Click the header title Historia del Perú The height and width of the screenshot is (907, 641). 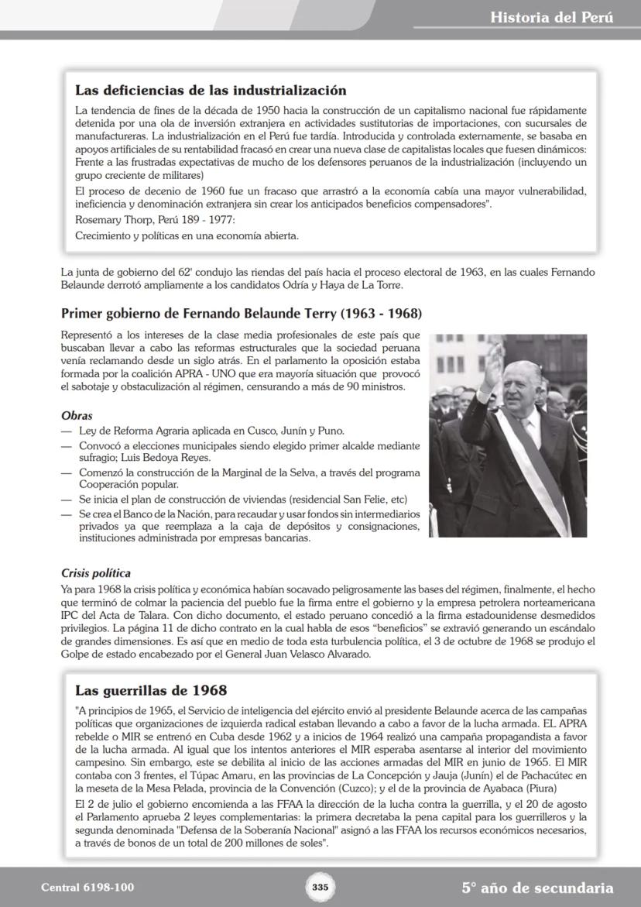point(551,17)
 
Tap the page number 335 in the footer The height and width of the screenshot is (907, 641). point(320,887)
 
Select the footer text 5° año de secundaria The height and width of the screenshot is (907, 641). point(537,888)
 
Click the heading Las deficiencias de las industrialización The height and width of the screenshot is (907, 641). point(211,91)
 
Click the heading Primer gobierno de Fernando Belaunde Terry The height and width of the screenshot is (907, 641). point(241,314)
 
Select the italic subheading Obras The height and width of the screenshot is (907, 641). point(77,416)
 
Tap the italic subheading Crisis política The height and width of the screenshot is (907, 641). point(96,574)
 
